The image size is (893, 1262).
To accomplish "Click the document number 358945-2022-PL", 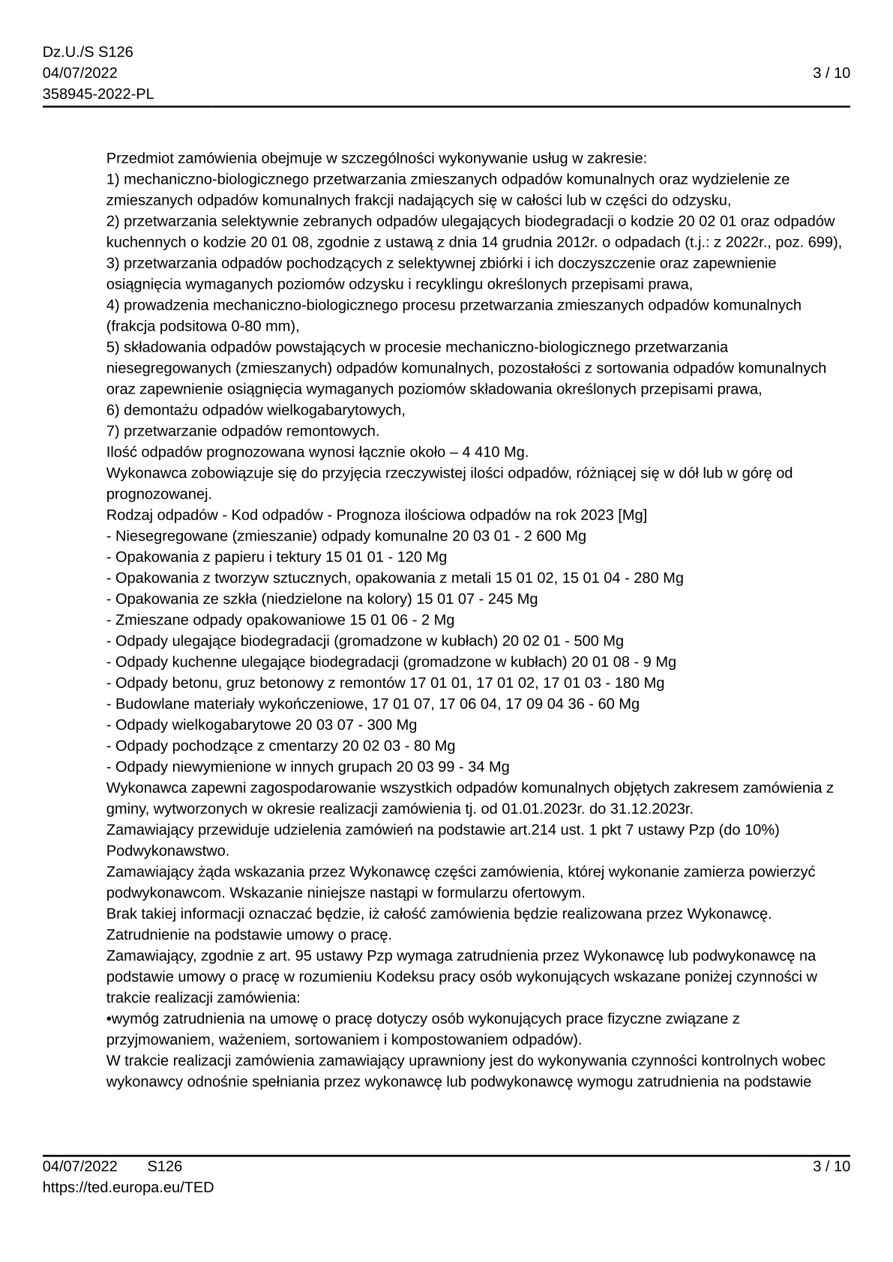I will pyautogui.click(x=98, y=94).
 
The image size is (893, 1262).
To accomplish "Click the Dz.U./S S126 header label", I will pyautogui.click(x=88, y=52).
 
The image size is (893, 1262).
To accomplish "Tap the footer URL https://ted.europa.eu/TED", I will pyautogui.click(x=128, y=1187).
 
